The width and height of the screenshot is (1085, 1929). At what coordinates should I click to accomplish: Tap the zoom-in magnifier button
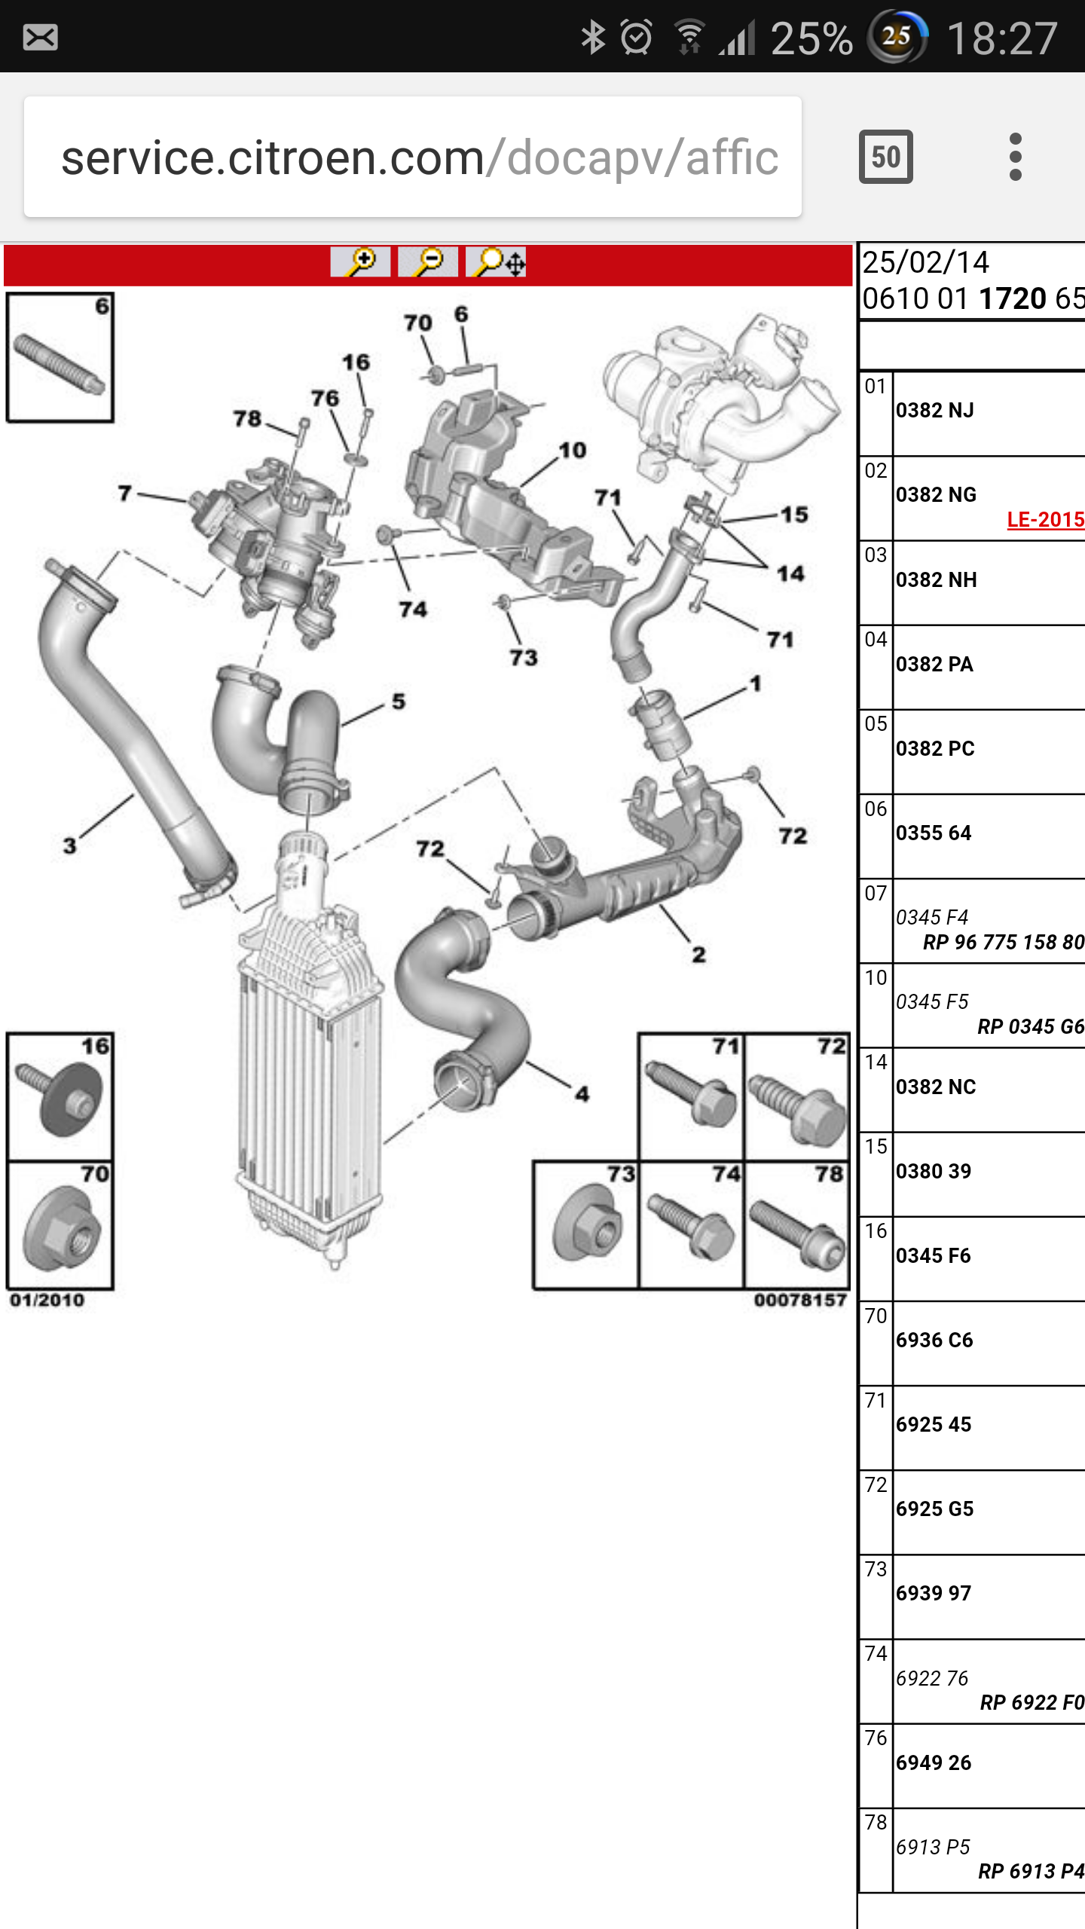point(360,262)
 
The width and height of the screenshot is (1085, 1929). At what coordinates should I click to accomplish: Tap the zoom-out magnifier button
point(427,262)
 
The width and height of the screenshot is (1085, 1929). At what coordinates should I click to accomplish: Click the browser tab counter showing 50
point(885,157)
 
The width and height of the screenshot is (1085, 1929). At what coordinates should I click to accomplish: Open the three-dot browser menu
point(1015,157)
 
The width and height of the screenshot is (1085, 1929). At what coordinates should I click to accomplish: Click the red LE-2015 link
point(1045,519)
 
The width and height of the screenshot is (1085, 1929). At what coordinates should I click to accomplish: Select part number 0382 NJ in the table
point(934,411)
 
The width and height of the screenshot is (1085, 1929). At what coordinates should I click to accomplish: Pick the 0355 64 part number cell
point(934,833)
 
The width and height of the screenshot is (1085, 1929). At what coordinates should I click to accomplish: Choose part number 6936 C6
point(934,1340)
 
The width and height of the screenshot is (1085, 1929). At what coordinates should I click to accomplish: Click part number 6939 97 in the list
point(934,1593)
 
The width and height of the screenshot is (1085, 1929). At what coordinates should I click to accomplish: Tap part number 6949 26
point(934,1762)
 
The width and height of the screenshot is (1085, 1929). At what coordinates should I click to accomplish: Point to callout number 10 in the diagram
point(572,451)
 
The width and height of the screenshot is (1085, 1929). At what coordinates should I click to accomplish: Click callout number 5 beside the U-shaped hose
point(399,702)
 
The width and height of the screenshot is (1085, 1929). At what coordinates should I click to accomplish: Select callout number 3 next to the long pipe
point(69,845)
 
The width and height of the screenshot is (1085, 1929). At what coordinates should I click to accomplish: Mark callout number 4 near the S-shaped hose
point(582,1093)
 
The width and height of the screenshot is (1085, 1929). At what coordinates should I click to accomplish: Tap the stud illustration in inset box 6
point(59,363)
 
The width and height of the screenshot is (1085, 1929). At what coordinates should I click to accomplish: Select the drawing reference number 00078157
point(800,1300)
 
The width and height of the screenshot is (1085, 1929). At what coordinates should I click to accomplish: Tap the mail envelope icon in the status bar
point(40,37)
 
